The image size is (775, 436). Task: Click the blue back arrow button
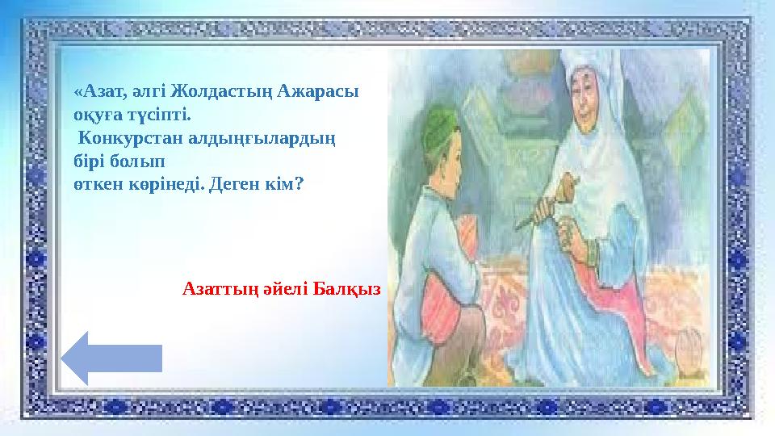[113, 357]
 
